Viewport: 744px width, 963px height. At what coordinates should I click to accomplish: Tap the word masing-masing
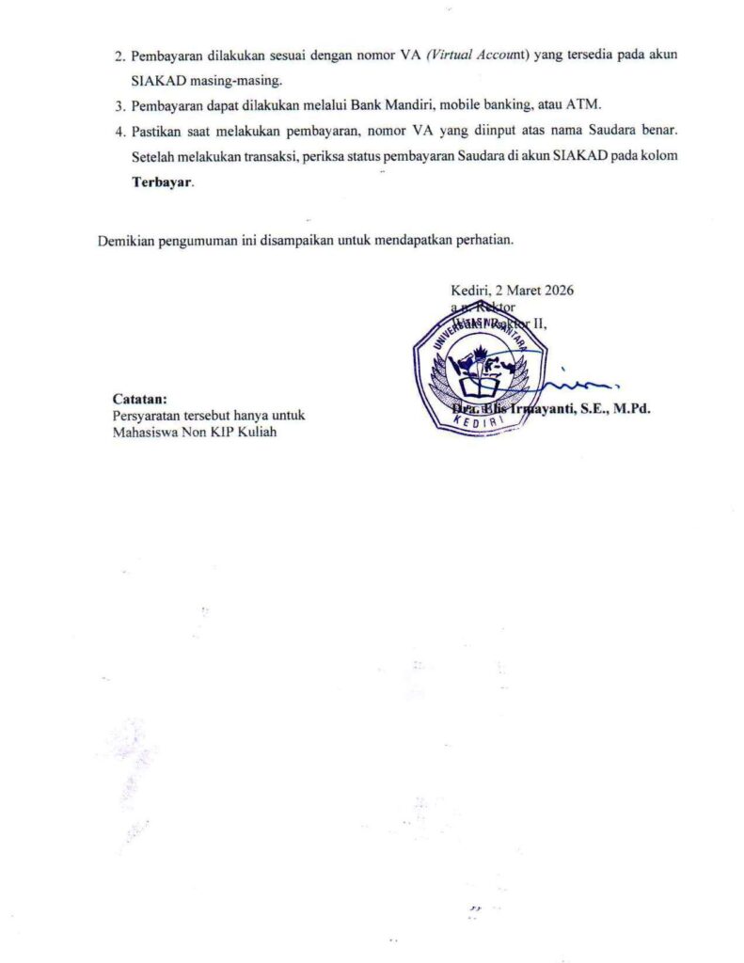tap(230, 81)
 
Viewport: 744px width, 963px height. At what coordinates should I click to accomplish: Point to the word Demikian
tap(126, 240)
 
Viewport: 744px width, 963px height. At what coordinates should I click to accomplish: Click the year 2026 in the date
tap(557, 290)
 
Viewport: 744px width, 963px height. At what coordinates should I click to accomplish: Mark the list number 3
tap(119, 105)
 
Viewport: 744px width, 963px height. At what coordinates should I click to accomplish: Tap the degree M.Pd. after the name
tap(631, 408)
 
